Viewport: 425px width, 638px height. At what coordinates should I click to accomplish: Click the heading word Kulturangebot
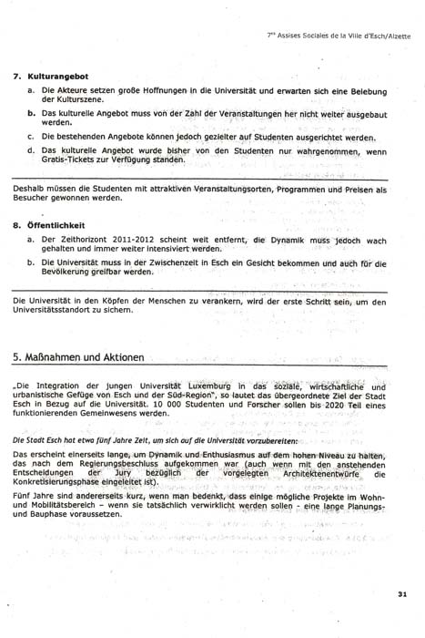coord(56,77)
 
